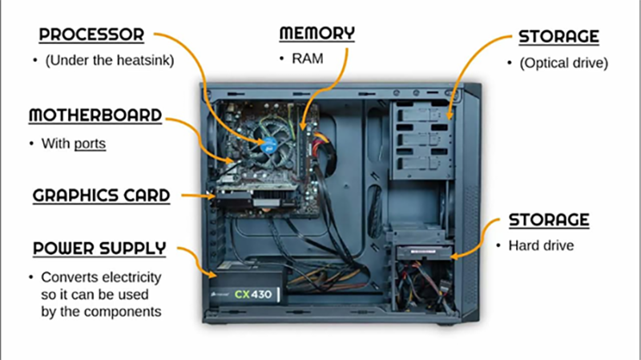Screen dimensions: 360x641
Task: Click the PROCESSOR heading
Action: click(x=91, y=35)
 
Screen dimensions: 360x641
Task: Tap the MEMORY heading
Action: click(x=316, y=34)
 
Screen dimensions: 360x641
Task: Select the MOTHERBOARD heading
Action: click(x=95, y=115)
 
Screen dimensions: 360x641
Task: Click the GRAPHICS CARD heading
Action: click(x=101, y=195)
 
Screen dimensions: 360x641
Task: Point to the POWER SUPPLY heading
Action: click(x=99, y=249)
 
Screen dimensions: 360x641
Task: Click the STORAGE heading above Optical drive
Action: click(x=558, y=37)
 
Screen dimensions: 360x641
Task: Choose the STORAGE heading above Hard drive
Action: click(x=549, y=219)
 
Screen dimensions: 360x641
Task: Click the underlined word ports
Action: click(x=91, y=144)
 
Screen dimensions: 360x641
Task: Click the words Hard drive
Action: click(x=541, y=246)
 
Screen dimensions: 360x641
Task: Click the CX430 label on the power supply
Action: click(x=255, y=293)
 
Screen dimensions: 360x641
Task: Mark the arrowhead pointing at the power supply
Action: click(x=209, y=276)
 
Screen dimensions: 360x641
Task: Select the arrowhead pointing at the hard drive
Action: click(x=454, y=257)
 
